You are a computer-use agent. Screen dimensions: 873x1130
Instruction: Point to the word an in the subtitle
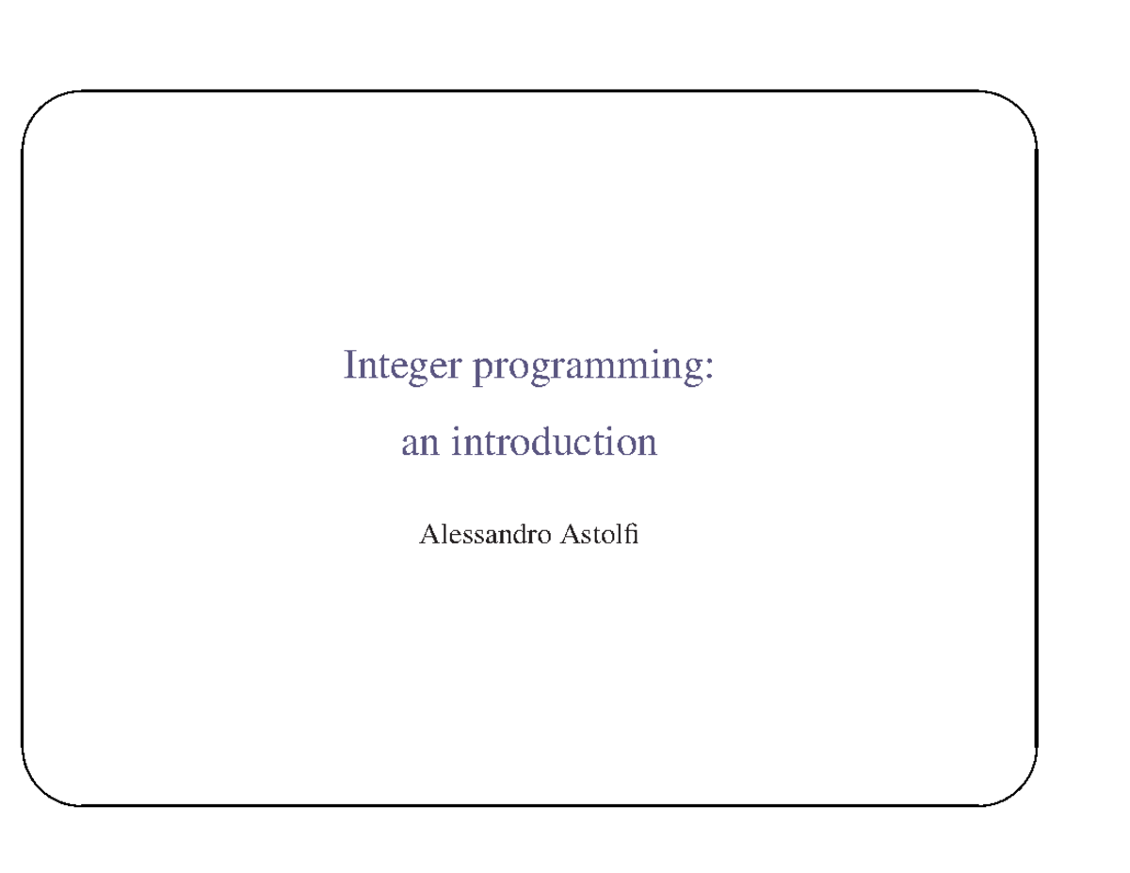coord(420,443)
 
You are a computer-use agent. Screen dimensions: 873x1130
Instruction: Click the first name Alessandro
coord(485,537)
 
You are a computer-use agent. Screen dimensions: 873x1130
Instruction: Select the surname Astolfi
coord(599,537)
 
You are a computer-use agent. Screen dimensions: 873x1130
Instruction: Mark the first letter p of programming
coord(481,369)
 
